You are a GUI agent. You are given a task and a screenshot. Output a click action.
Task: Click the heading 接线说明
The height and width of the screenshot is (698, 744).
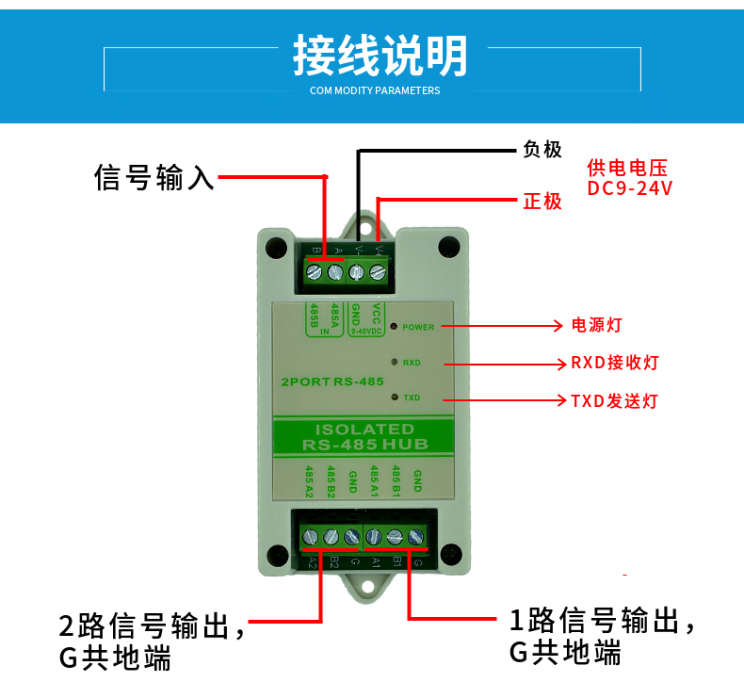click(x=380, y=57)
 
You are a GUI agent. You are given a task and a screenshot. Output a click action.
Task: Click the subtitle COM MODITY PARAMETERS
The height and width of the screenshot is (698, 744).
click(x=375, y=91)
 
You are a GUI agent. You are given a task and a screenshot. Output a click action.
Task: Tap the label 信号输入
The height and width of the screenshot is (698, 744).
click(x=154, y=177)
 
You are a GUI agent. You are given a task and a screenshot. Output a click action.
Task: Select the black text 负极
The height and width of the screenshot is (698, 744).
click(x=542, y=150)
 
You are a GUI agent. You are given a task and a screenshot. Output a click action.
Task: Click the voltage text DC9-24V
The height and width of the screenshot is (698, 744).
click(x=629, y=188)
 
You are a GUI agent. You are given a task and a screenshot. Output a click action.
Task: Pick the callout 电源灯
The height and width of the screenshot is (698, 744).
click(x=598, y=326)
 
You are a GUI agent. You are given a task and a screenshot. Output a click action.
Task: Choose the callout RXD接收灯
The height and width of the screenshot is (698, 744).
click(x=614, y=363)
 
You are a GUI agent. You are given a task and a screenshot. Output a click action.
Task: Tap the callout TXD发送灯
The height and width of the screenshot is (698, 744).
click(x=614, y=400)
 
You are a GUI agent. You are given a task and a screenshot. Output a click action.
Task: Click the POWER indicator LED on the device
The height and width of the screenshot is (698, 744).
click(x=394, y=326)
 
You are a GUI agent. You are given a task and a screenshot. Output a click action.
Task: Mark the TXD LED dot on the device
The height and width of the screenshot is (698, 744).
click(x=393, y=397)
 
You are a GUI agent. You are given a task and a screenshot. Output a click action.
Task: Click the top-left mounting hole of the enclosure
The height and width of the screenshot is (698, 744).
click(x=275, y=247)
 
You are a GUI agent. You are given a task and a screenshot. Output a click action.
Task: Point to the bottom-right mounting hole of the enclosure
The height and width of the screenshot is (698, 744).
click(x=452, y=554)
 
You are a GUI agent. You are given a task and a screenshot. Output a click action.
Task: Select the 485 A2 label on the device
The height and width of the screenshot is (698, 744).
click(x=308, y=481)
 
